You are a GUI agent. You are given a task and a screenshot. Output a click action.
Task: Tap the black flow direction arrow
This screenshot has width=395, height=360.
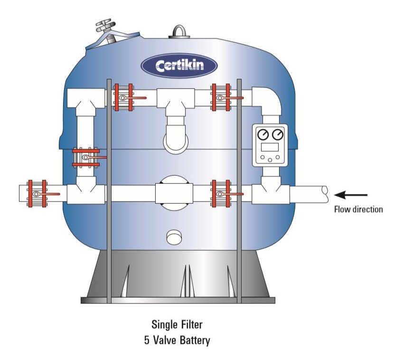pyautogui.click(x=351, y=195)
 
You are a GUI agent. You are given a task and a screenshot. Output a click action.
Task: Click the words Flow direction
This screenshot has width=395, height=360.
pyautogui.click(x=358, y=209)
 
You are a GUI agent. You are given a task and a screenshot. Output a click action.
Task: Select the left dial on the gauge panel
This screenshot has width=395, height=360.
pyautogui.click(x=263, y=135)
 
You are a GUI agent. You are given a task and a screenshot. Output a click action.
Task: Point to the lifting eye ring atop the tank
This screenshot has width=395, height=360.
pyautogui.click(x=179, y=32)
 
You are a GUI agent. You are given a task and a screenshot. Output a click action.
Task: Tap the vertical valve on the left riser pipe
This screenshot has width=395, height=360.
pyautogui.click(x=86, y=157)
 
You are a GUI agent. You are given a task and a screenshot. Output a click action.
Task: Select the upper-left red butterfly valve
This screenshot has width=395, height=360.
pyautogui.click(x=124, y=98)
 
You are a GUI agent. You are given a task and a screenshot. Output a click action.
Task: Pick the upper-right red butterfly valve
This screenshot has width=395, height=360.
pyautogui.click(x=221, y=98)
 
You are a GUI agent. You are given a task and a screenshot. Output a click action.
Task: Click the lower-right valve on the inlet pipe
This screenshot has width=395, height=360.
pyautogui.click(x=221, y=194)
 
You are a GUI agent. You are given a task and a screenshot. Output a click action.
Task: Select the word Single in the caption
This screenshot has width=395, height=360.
pyautogui.click(x=164, y=325)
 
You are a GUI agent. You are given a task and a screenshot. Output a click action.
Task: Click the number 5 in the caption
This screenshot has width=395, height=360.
pyautogui.click(x=146, y=340)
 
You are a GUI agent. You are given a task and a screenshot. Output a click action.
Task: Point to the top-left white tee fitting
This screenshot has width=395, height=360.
pyautogui.click(x=83, y=100)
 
